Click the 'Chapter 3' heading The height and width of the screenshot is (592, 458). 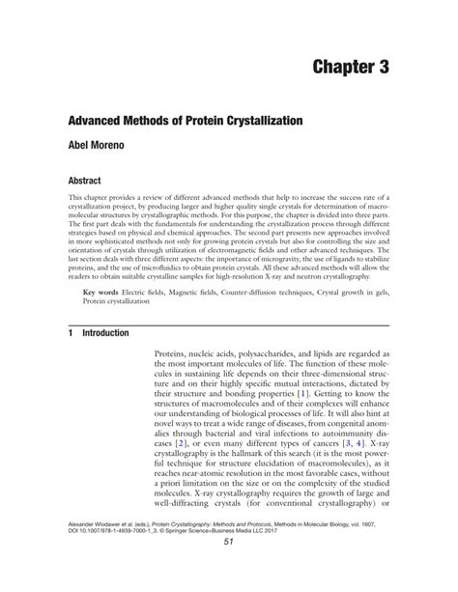tap(359, 67)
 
